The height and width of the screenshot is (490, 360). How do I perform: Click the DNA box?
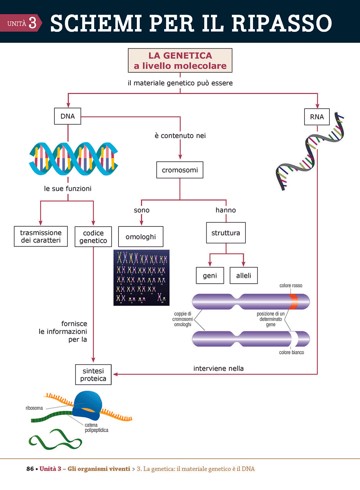pos(68,116)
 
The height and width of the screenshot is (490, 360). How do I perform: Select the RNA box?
pos(317,117)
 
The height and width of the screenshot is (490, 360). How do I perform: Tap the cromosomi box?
pos(180,170)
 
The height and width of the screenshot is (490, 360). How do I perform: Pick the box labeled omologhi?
pos(140,237)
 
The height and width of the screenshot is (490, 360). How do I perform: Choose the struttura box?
pos(226,233)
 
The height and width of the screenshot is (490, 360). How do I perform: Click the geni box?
pos(210,275)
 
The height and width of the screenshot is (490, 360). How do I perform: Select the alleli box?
pos(244,275)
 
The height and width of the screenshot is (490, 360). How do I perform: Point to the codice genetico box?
pos(93,237)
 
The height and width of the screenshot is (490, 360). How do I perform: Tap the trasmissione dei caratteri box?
pos(41,236)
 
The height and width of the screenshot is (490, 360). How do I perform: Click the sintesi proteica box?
pos(93,374)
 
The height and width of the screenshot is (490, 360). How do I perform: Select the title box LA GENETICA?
pos(180,60)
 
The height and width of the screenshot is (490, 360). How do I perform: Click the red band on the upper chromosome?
pos(293,301)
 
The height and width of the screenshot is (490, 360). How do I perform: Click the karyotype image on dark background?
pos(141,278)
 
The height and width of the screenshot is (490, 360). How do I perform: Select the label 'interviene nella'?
pos(219,368)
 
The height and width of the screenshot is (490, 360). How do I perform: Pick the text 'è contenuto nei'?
pos(180,136)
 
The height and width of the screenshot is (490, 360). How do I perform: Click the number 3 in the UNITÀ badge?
pos(32,23)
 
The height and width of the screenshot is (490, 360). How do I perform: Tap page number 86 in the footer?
pos(30,469)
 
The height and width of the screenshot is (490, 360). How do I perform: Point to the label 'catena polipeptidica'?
pos(96,428)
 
